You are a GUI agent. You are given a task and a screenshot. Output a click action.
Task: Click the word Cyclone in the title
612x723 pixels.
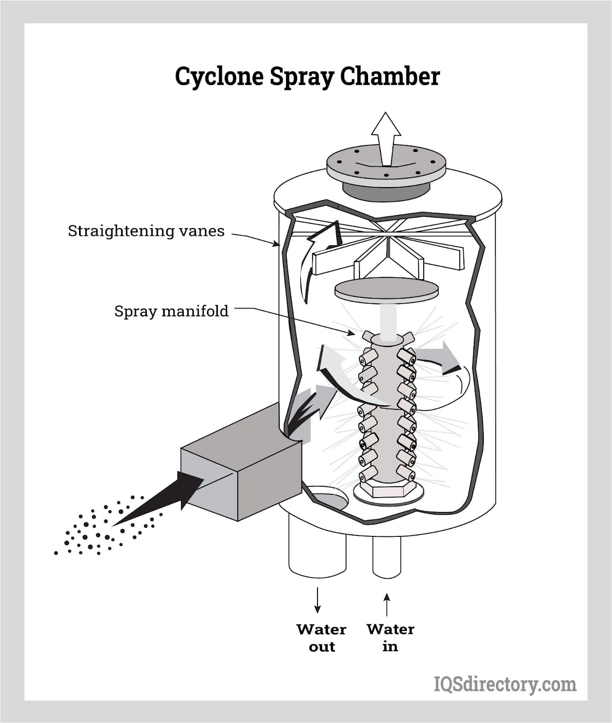[x=220, y=77]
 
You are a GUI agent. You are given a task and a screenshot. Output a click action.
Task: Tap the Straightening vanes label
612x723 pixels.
[x=146, y=231]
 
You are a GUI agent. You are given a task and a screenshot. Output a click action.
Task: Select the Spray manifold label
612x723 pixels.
[x=171, y=311]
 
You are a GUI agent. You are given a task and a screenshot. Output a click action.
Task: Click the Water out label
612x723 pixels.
[x=322, y=638]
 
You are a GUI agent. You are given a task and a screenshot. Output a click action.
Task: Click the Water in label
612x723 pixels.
[x=390, y=638]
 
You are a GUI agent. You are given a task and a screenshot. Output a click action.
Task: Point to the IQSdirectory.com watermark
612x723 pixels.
[x=505, y=685]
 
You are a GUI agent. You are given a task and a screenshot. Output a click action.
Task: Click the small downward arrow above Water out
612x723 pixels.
[x=318, y=600]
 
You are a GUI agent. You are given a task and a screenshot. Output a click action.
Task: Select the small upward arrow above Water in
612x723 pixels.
[x=387, y=605]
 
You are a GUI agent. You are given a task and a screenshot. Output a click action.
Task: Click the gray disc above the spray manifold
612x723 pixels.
[x=387, y=290]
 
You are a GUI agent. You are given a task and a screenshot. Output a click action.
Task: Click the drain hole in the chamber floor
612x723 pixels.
[x=329, y=498]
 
